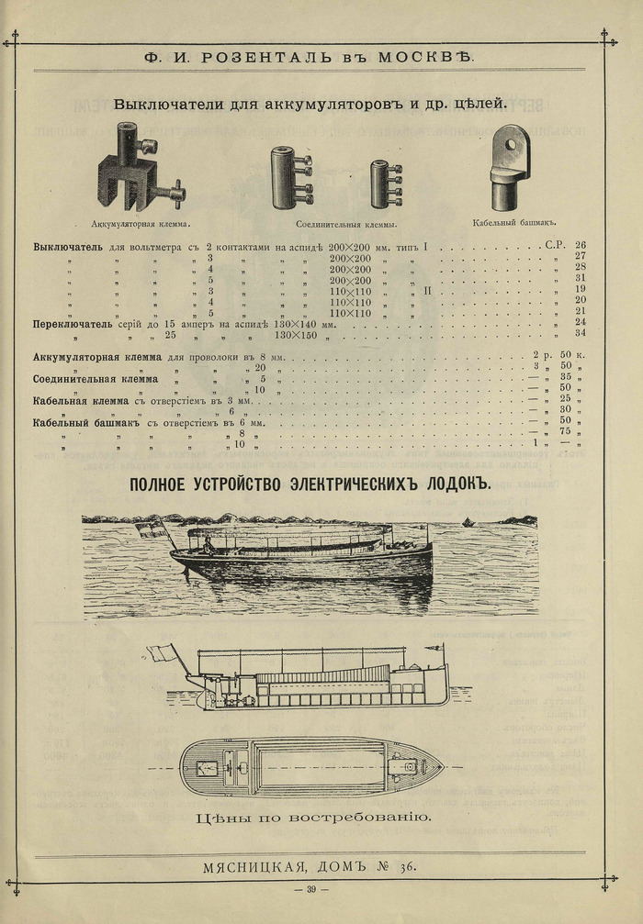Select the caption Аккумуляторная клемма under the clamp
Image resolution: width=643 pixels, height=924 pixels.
click(x=141, y=223)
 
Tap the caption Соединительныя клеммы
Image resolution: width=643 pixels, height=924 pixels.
click(x=345, y=223)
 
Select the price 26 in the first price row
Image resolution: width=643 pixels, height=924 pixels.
click(x=580, y=246)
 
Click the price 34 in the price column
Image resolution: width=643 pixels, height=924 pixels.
click(x=580, y=333)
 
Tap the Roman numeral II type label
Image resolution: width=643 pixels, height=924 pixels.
click(x=428, y=290)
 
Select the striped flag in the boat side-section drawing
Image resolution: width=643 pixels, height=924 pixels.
click(x=164, y=652)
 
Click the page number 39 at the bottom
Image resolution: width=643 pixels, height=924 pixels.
click(x=311, y=889)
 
